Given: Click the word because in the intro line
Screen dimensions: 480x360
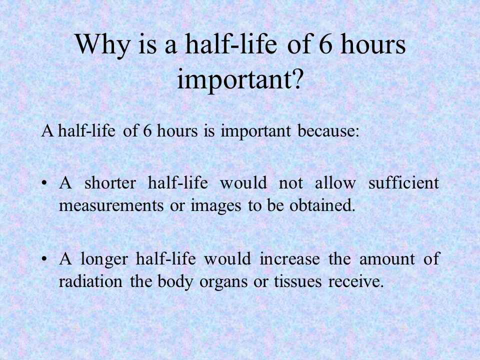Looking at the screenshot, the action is click(x=328, y=130).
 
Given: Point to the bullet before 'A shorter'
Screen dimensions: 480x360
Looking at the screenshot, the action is click(x=44, y=183).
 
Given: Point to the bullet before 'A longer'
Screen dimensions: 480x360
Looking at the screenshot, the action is click(x=44, y=259).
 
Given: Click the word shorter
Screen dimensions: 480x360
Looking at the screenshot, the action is click(x=110, y=183).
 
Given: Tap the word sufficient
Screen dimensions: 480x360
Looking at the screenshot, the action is click(x=404, y=183).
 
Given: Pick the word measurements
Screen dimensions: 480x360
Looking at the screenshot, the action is click(x=111, y=205).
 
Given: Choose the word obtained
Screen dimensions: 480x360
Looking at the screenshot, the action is click(x=322, y=205).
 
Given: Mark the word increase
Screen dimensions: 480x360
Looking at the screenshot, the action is click(x=289, y=259).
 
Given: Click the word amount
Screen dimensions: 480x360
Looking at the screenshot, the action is click(x=387, y=259).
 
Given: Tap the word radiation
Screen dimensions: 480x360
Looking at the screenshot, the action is click(x=90, y=281).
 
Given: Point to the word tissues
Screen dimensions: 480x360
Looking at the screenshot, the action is click(x=298, y=281).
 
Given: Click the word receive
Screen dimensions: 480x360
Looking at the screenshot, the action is click(x=356, y=281).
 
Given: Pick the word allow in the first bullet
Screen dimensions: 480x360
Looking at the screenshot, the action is click(x=335, y=183).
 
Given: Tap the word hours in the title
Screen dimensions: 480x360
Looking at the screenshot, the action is click(x=373, y=44).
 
